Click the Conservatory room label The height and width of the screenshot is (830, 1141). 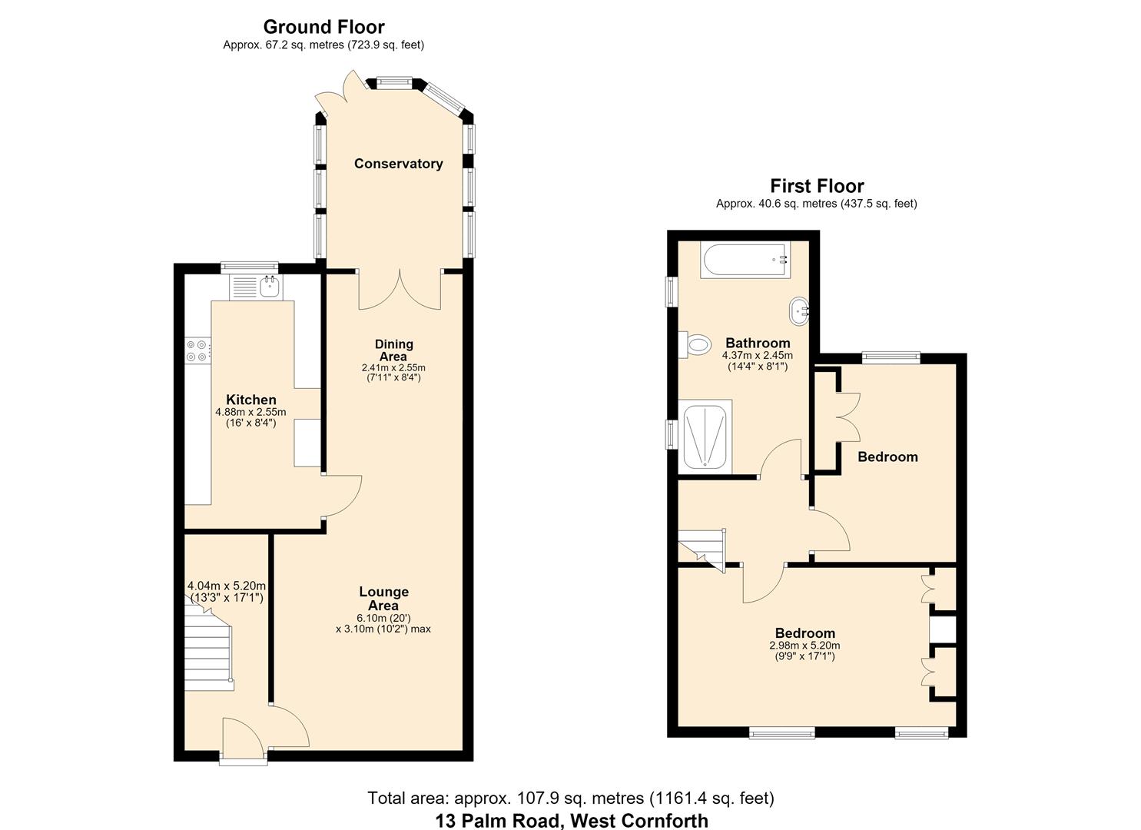click(398, 164)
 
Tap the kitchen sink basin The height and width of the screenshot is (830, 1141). click(270, 287)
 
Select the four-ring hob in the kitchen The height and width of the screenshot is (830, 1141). click(197, 351)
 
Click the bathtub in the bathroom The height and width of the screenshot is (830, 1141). click(745, 260)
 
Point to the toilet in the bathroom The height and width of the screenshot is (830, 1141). click(695, 345)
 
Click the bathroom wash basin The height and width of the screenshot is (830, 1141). click(799, 310)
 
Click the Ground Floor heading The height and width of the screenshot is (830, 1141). click(324, 26)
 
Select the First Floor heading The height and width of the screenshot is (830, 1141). click(817, 185)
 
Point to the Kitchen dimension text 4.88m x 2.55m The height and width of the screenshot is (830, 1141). click(250, 412)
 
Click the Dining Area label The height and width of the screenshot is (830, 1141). click(393, 350)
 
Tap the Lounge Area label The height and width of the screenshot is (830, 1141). click(383, 598)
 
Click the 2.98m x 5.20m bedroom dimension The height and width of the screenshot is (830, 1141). click(804, 645)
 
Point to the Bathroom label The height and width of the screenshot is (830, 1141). click(758, 343)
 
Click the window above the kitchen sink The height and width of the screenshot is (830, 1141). click(250, 267)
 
